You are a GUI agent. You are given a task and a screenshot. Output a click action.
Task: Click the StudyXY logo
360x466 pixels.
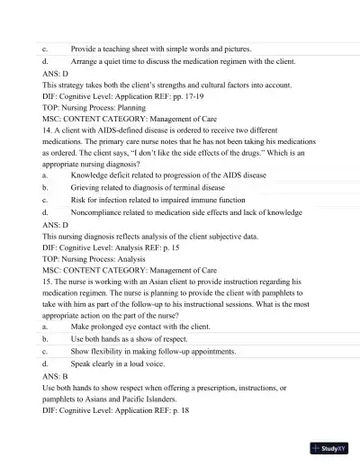tap(328, 447)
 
